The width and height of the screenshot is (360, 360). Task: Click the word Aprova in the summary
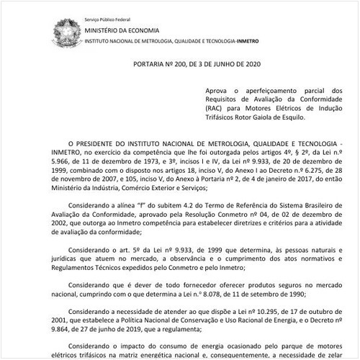pyautogui.click(x=217, y=89)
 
